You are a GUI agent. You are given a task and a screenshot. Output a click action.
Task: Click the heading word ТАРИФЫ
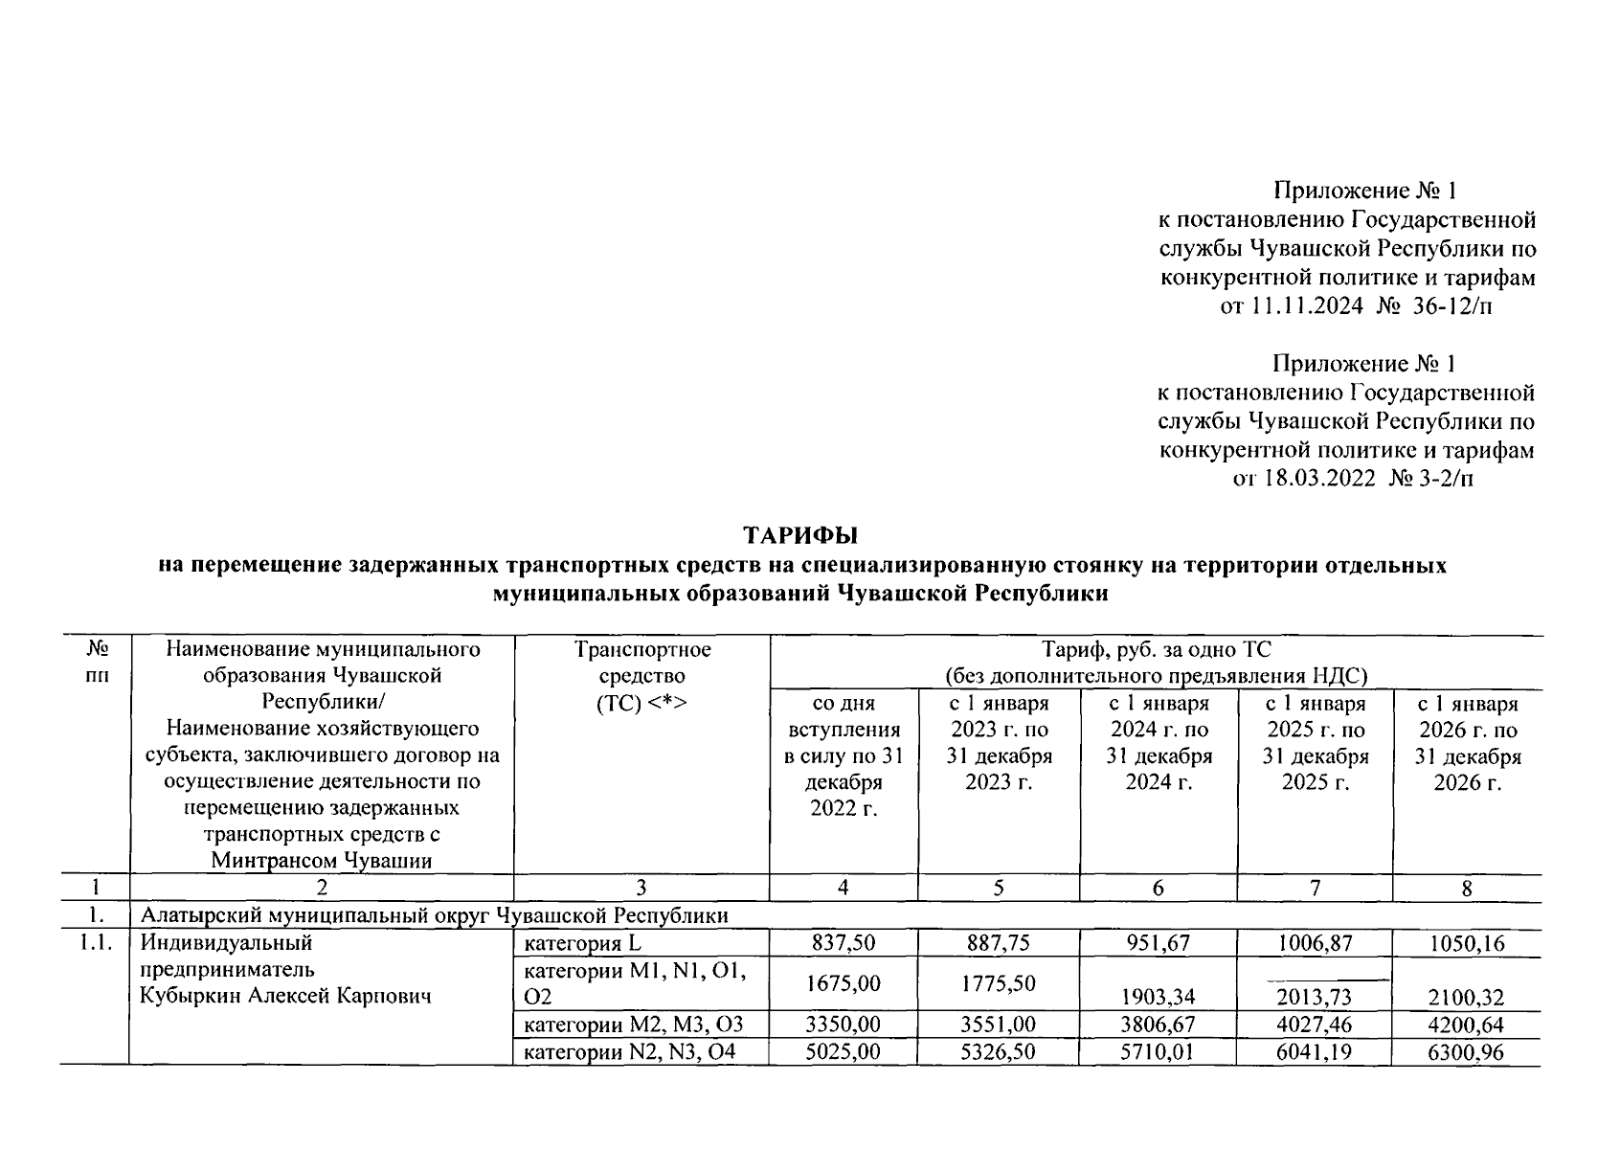pos(801,534)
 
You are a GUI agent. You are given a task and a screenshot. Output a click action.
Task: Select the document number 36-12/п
pos(1452,306)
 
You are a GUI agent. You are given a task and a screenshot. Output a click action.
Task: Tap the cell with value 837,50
pos(843,943)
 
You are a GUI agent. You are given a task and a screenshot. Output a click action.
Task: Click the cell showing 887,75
pos(999,943)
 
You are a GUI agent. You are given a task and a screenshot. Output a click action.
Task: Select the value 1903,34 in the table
pos(1158,999)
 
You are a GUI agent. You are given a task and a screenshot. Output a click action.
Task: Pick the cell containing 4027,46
pos(1315,1025)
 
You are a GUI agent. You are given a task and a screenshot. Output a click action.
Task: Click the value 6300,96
pos(1466,1052)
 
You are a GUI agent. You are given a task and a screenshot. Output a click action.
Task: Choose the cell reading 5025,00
pos(843,1052)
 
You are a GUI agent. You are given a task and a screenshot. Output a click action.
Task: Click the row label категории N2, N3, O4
pos(633,1052)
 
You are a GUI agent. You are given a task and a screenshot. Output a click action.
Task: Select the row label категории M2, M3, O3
pos(633,1025)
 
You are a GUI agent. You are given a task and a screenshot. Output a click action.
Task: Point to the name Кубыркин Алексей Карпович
pos(285,996)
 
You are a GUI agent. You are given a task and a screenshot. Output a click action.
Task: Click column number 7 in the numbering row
pos(1315,888)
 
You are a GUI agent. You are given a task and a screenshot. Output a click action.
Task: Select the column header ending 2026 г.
pos(1467,743)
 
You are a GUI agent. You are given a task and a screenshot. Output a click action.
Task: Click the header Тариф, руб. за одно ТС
pos(1156,650)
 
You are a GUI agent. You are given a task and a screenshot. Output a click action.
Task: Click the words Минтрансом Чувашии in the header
pos(322,860)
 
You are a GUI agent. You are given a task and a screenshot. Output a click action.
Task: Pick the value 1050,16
pos(1466,943)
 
